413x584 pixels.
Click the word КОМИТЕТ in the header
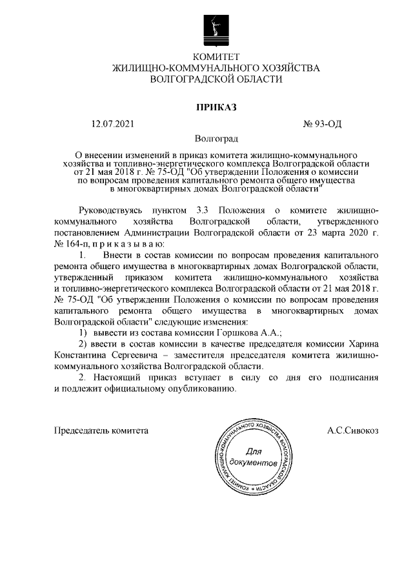coord(216,57)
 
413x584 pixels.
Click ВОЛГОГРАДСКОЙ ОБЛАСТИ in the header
coord(216,79)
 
